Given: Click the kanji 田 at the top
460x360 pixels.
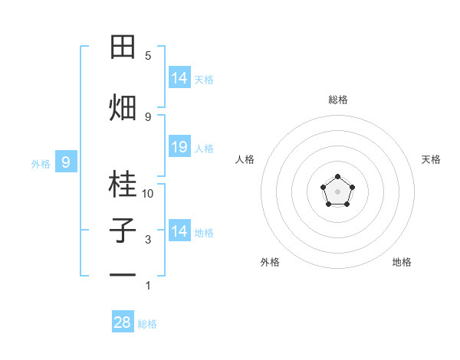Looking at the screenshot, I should [x=123, y=47].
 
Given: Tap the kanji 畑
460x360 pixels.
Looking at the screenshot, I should [x=123, y=107].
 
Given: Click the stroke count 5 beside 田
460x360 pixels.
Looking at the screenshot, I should [x=148, y=56].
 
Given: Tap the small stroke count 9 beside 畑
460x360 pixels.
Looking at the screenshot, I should [x=148, y=116].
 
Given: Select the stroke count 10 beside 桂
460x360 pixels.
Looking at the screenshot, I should [x=148, y=194].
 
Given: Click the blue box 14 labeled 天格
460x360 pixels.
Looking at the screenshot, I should [x=179, y=78].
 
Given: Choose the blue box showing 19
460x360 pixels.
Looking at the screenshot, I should [x=179, y=147].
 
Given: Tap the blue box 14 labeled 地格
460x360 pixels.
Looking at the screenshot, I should [x=179, y=231].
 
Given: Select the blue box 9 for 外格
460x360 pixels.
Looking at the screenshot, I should [x=66, y=162].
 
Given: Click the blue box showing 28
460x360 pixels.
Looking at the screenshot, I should [x=123, y=322].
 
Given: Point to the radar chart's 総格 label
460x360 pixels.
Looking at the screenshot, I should [x=337, y=100].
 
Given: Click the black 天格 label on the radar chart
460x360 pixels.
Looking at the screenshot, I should [x=431, y=159].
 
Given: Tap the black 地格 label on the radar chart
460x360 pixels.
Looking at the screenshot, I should [x=402, y=262].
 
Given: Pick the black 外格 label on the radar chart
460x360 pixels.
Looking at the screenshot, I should [x=270, y=262].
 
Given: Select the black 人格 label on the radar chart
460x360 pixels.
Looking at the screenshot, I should [x=245, y=159].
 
